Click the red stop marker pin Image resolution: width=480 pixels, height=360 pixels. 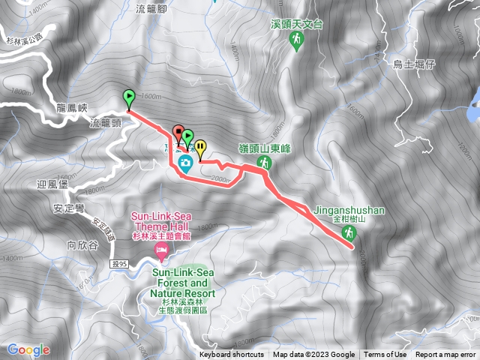point(178,133)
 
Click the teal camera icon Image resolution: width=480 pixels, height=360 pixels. point(185,162)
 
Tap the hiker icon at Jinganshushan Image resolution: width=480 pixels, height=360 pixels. point(348,233)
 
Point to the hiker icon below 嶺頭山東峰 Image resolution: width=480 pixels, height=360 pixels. point(264,162)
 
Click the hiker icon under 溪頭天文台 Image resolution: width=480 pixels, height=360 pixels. point(297,40)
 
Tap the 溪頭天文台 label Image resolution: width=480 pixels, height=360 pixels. point(297,24)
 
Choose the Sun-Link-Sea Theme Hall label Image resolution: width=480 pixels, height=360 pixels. point(161,221)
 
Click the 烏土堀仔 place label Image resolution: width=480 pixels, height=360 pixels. point(414,65)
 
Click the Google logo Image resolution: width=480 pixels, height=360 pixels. point(28,349)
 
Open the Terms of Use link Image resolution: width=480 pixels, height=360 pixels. point(385,355)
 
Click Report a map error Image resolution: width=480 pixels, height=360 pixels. point(446,355)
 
